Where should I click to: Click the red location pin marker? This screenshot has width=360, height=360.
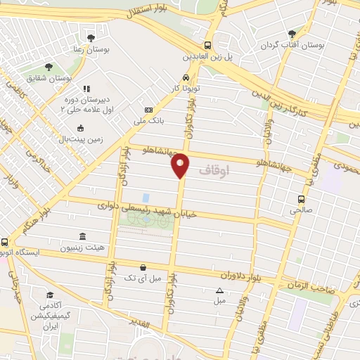click(181, 165)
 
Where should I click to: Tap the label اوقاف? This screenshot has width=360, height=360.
click(214, 171)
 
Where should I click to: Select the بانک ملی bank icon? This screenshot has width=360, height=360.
click(148, 110)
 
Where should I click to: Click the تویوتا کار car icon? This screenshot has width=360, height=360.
click(185, 77)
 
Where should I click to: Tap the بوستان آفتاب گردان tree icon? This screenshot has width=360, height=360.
click(292, 32)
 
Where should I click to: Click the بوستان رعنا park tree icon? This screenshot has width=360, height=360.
click(90, 37)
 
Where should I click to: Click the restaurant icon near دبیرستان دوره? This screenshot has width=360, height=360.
click(87, 89)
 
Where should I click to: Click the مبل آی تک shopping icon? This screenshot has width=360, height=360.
click(143, 267)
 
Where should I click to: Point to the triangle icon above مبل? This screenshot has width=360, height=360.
click(220, 290)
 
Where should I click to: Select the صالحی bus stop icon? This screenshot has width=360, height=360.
click(301, 198)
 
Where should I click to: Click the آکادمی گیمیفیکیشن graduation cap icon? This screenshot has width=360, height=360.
click(50, 295)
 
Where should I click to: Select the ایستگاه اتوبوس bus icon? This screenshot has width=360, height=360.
click(5, 242)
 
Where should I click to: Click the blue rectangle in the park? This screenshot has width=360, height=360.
click(146, 198)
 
